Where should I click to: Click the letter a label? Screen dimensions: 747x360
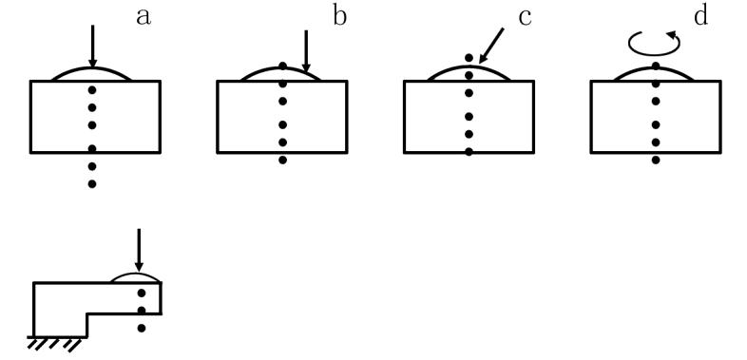point(144,17)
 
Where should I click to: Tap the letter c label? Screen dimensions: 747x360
point(525,18)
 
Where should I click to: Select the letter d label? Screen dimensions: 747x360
point(700,15)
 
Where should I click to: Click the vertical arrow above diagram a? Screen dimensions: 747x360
point(92,47)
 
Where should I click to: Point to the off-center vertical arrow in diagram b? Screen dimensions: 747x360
point(306,51)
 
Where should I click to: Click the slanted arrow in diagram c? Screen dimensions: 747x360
point(491,46)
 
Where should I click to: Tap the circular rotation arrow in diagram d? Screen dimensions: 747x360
point(654,44)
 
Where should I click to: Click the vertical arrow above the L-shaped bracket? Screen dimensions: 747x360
point(139,250)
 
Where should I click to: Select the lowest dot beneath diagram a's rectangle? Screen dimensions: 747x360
point(92,184)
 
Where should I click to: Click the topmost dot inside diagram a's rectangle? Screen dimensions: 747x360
point(92,89)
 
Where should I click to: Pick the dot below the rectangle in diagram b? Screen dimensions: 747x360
point(282,160)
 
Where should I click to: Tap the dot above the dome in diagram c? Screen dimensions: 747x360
point(469,58)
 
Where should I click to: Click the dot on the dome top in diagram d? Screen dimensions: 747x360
point(656,66)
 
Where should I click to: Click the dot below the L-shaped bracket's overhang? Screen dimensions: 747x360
point(142,328)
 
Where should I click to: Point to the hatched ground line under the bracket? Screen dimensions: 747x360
point(57,343)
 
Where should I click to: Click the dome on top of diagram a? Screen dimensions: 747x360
point(91,69)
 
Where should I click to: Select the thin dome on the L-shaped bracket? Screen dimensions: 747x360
point(136,274)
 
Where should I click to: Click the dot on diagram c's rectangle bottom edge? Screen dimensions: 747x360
point(469,152)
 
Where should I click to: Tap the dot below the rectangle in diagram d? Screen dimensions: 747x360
point(656,160)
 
